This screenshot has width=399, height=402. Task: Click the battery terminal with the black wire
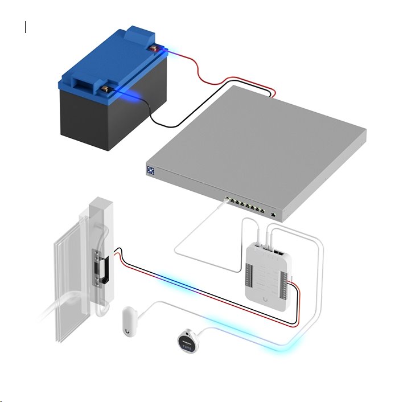tap(105, 89)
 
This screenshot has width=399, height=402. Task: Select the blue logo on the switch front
tap(151, 170)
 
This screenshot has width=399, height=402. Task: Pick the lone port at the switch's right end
tap(274, 215)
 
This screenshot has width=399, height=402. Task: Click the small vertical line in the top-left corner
tap(26, 26)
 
